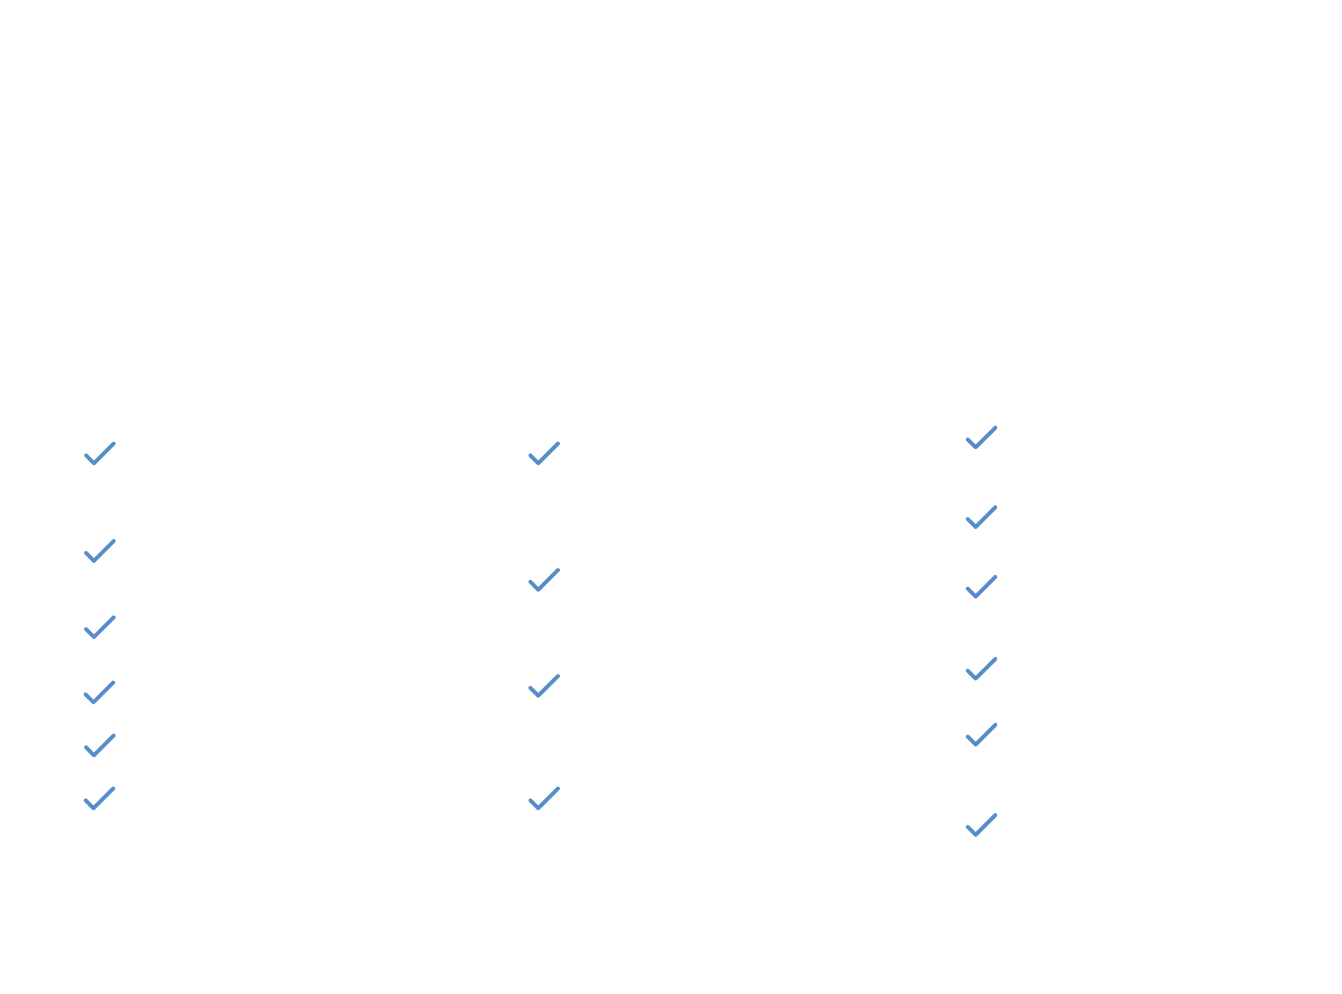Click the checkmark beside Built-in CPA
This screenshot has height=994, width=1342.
[x=99, y=692]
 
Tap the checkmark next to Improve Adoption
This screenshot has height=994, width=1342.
[x=99, y=798]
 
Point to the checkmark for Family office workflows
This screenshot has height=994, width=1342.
[x=982, y=734]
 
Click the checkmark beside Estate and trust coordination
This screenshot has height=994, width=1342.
[x=982, y=586]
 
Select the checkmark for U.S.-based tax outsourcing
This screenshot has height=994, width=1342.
[x=544, y=454]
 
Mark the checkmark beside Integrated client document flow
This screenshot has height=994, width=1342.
[x=544, y=798]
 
